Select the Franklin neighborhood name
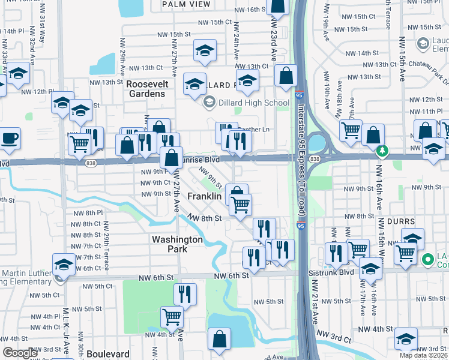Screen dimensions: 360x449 click(204, 197)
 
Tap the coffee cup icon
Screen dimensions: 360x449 click(10, 139)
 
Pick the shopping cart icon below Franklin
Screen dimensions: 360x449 click(241, 205)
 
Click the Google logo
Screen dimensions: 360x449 click(20, 353)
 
